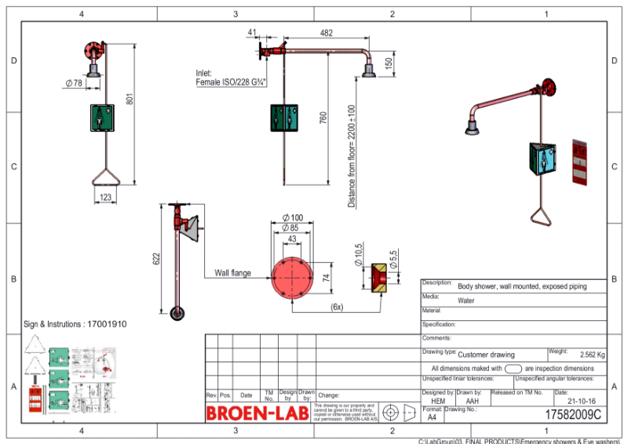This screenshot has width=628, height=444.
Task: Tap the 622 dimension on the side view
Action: pyautogui.click(x=157, y=259)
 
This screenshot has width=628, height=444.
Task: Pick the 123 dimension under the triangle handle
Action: pyautogui.click(x=106, y=198)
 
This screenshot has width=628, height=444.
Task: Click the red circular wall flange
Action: pyautogui.click(x=292, y=276)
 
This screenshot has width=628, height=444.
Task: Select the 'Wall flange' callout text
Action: pyautogui.click(x=233, y=273)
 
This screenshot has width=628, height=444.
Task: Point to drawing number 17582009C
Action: pyautogui.click(x=573, y=413)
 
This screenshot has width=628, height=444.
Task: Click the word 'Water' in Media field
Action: pyautogui.click(x=467, y=300)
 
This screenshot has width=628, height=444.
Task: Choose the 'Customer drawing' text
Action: pyautogui.click(x=487, y=355)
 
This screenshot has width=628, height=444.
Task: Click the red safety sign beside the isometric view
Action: pyautogui.click(x=579, y=163)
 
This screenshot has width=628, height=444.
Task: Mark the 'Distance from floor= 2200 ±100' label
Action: pyautogui.click(x=351, y=156)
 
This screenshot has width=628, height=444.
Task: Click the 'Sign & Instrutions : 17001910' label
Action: pyautogui.click(x=75, y=324)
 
